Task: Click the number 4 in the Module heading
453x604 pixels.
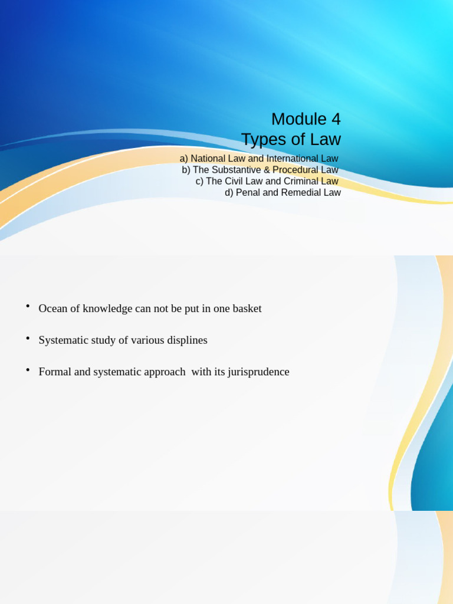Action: (336, 119)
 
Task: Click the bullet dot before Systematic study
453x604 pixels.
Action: (28, 338)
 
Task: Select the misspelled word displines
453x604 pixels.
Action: (187, 340)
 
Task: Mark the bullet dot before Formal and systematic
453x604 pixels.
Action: (28, 370)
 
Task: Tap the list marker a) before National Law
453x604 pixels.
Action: (184, 159)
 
